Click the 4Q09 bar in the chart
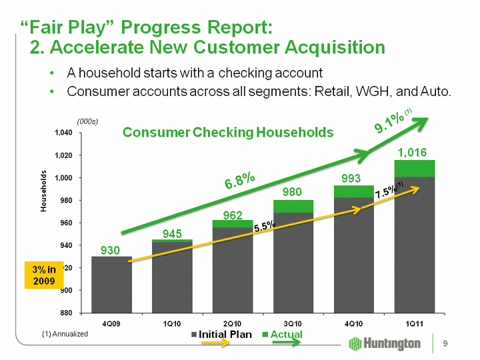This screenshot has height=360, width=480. pos(111,284)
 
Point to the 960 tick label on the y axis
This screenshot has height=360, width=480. pos(65,223)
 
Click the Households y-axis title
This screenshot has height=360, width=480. pos(42,191)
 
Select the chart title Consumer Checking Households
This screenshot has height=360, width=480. pos(228,133)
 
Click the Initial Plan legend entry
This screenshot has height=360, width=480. pos(222,334)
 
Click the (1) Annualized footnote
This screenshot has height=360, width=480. pos(65,333)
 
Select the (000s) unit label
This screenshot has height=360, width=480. pos(87,121)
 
